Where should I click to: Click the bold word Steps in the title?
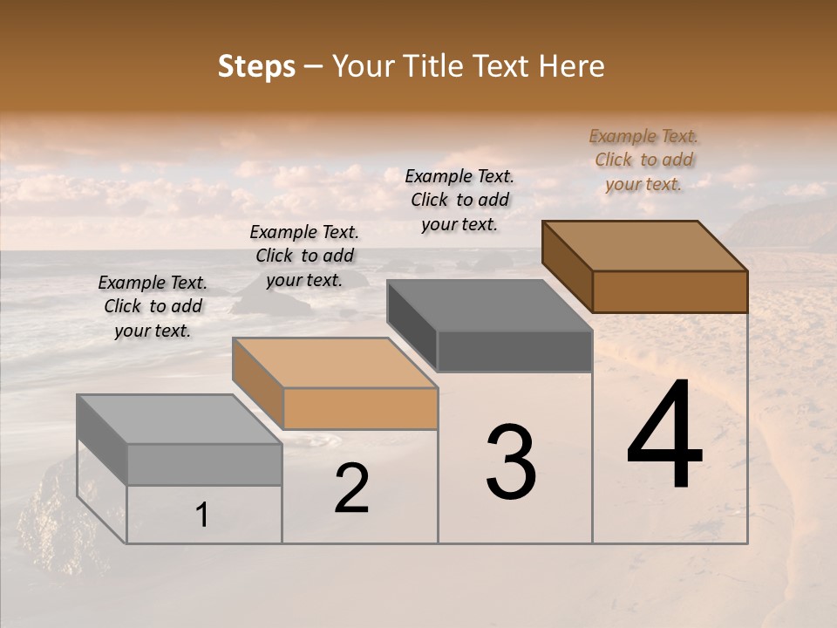tap(256, 67)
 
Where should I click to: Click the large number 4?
tap(664, 435)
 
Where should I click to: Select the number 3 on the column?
tap(511, 461)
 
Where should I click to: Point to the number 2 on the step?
tap(351, 488)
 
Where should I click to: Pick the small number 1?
tap(201, 515)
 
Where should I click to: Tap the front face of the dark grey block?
tap(514, 352)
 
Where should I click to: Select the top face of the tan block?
tap(335, 363)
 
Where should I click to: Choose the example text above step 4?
tap(643, 160)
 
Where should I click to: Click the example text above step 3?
tap(459, 200)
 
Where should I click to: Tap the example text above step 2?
tap(304, 256)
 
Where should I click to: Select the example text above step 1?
tap(153, 306)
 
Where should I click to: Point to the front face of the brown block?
tap(670, 291)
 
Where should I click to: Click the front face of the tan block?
tap(360, 408)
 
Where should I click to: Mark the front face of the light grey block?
tap(204, 464)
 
